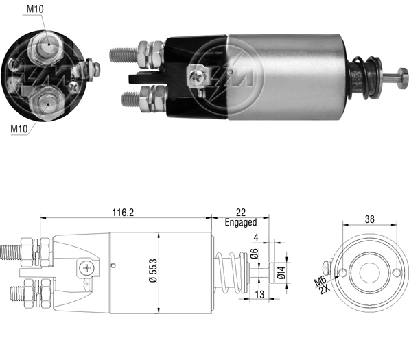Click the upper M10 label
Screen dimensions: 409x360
pyautogui.click(x=35, y=10)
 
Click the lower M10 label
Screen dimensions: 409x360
pyautogui.click(x=19, y=129)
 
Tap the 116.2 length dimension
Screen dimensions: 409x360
pyautogui.click(x=123, y=213)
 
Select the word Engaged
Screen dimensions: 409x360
pyautogui.click(x=241, y=222)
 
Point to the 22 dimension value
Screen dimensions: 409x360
pyautogui.click(x=240, y=213)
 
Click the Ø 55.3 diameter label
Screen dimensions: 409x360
pyautogui.click(x=154, y=271)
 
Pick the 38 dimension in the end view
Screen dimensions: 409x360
pyautogui.click(x=370, y=219)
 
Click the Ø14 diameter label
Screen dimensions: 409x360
pyautogui.click(x=281, y=272)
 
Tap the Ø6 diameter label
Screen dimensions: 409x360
pyautogui.click(x=255, y=254)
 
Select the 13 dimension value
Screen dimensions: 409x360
pyautogui.click(x=259, y=294)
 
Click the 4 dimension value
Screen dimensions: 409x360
pyautogui.click(x=256, y=237)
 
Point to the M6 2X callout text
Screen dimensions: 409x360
pyautogui.click(x=321, y=285)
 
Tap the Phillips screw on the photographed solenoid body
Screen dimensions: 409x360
pyautogui.click(x=196, y=76)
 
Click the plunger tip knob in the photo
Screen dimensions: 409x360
pyautogui.click(x=402, y=78)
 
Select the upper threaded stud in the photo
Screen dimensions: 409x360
pyautogui.click(x=124, y=55)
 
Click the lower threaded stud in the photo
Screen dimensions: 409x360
pyautogui.click(x=131, y=99)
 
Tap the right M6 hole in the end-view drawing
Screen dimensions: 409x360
pyautogui.click(x=397, y=273)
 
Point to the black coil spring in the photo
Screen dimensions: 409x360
pyautogui.click(x=365, y=78)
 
